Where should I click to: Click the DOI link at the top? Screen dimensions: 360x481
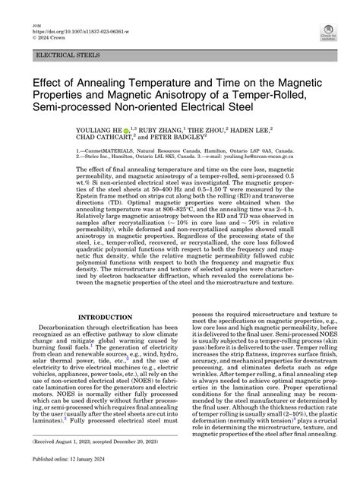pos(73,15)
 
